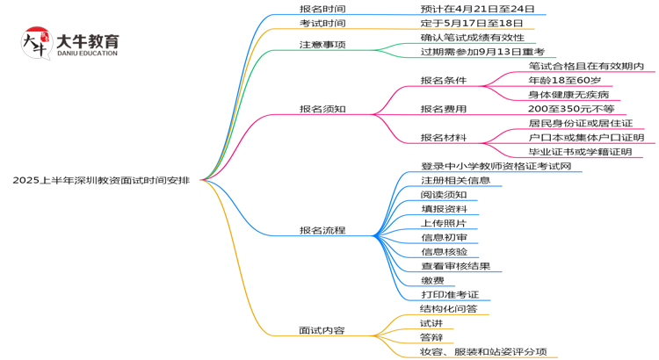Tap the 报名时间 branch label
tap(322, 9)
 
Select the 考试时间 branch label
tap(322, 24)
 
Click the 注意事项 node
tap(322, 44)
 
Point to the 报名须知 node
tap(322, 109)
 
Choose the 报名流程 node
tap(322, 231)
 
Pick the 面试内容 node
tap(322, 331)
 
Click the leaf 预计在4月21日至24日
tap(477, 9)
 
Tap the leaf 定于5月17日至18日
tap(472, 24)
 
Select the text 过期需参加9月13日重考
tap(482, 52)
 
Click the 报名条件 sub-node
tap(444, 81)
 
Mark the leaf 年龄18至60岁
tap(564, 81)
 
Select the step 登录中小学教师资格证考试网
tap(496, 166)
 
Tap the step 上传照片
tap(444, 223)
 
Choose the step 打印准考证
tap(449, 294)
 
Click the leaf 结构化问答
tap(449, 309)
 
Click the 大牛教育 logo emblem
tap(34, 42)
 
